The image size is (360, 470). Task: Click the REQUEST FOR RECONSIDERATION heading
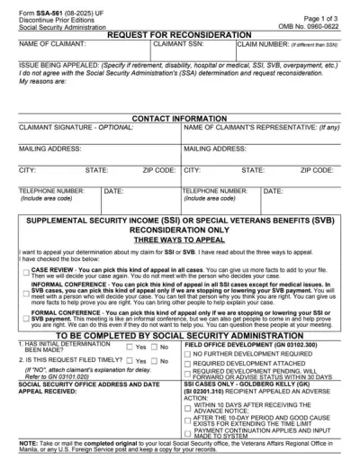180,34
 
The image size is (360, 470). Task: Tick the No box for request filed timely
159,360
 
